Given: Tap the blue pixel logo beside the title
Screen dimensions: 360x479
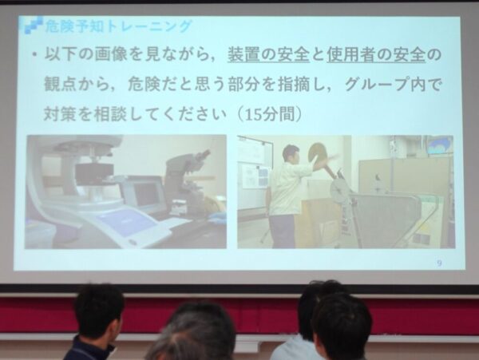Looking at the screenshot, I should (33, 26).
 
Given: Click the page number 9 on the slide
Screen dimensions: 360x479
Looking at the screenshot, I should (439, 261).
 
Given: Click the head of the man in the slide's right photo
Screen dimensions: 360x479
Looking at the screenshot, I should (291, 152).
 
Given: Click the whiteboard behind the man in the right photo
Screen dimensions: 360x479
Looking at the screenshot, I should (254, 168).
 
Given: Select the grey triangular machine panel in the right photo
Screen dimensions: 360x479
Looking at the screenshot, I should (383, 216).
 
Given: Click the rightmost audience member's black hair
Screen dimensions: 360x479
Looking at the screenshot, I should (342, 323).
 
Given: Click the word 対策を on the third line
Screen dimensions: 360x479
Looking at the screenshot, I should (69, 113).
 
